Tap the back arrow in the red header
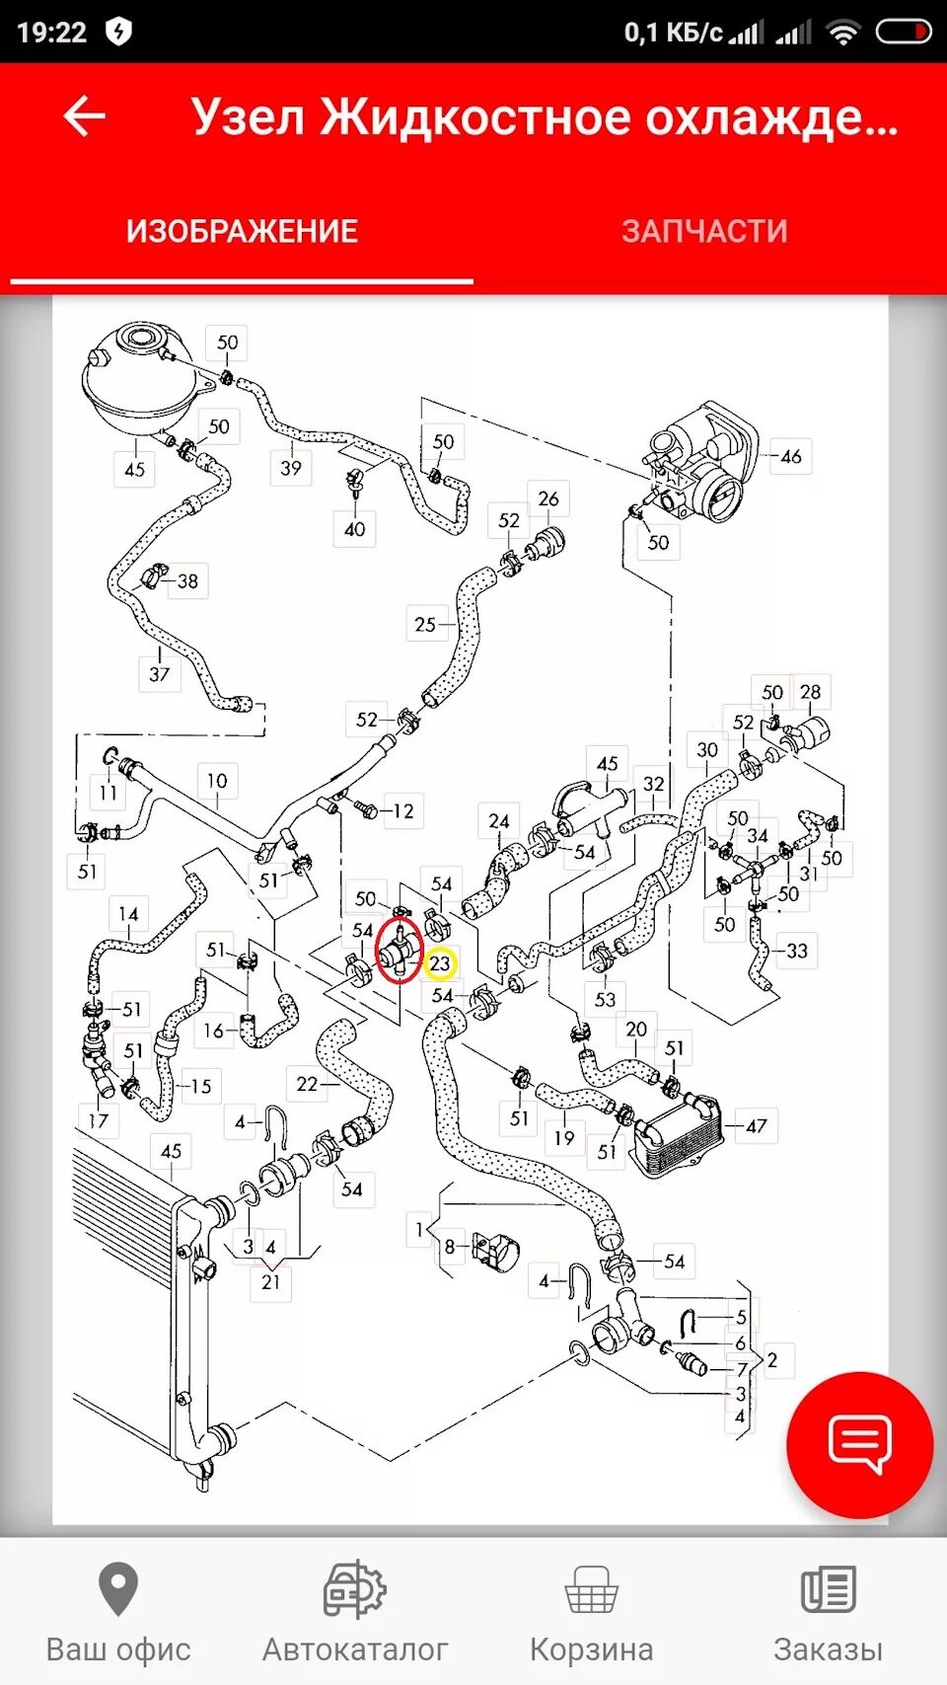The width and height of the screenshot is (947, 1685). [x=85, y=116]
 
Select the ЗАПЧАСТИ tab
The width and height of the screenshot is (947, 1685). [x=704, y=231]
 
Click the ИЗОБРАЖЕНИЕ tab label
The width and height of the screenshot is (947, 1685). [x=242, y=231]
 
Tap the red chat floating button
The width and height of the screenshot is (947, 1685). [x=859, y=1444]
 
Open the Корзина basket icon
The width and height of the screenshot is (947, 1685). [x=591, y=1589]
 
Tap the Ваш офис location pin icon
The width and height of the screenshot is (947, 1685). [x=118, y=1589]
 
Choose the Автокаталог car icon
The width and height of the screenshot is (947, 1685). [x=355, y=1589]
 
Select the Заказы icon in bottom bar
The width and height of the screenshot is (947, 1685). [x=828, y=1589]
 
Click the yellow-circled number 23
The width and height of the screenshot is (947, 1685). [x=440, y=963]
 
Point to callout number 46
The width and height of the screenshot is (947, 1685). [x=791, y=457]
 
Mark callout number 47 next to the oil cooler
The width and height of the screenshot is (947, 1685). [x=757, y=1126]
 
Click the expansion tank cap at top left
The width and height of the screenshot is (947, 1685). [x=138, y=339]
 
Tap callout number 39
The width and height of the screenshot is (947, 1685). [x=291, y=468]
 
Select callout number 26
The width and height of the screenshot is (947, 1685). [x=548, y=499]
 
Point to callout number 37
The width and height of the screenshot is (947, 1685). [x=160, y=674]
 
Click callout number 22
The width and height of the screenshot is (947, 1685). [x=308, y=1084]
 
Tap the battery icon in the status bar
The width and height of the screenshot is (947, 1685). [x=903, y=33]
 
